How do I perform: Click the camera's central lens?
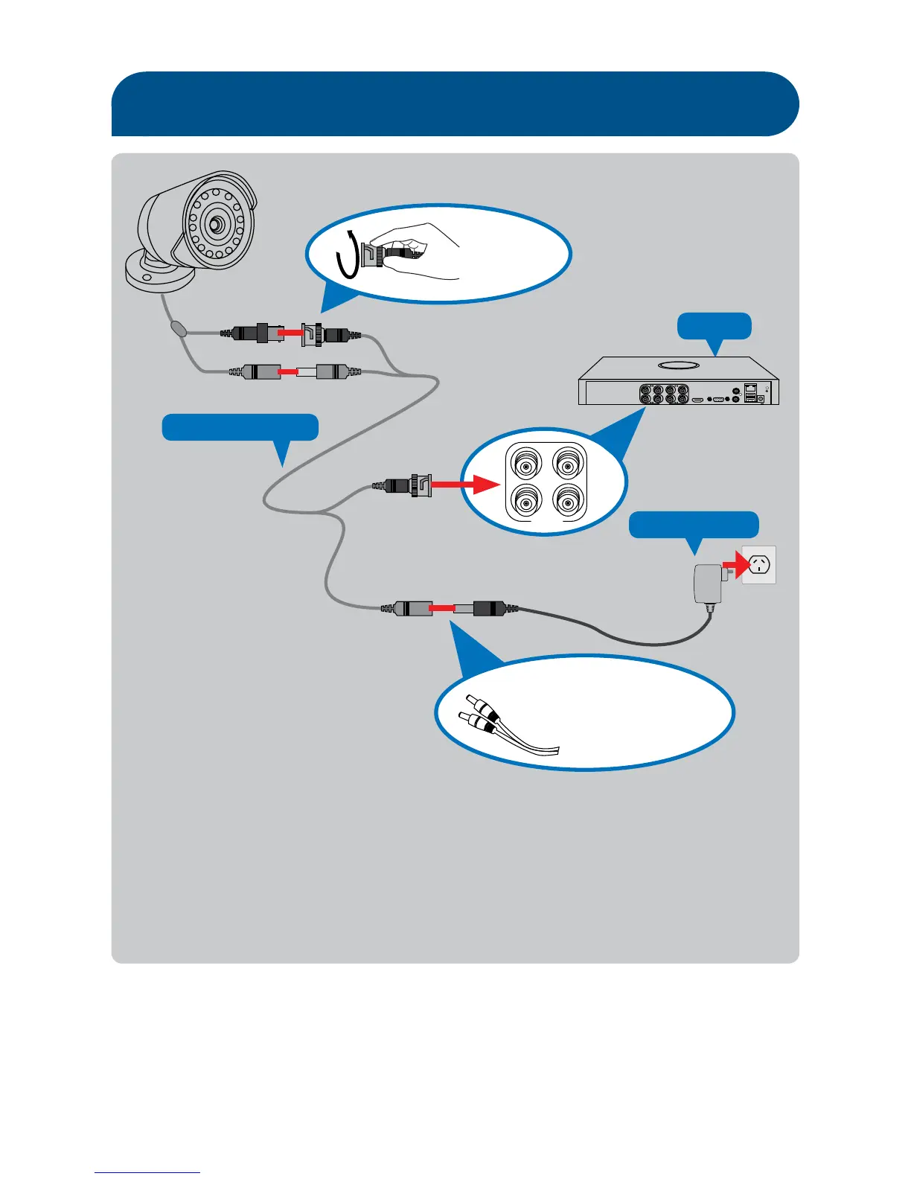tap(217, 223)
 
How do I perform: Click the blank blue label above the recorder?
tap(714, 326)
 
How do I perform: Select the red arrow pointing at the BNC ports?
tap(464, 485)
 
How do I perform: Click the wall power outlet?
tap(759, 564)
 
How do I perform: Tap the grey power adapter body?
tap(706, 583)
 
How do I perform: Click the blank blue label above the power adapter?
tap(694, 524)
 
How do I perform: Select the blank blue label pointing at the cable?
tap(240, 427)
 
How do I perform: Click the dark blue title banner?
tap(455, 103)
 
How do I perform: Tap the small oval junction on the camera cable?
tap(179, 328)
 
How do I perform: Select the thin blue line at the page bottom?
tap(147, 1172)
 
